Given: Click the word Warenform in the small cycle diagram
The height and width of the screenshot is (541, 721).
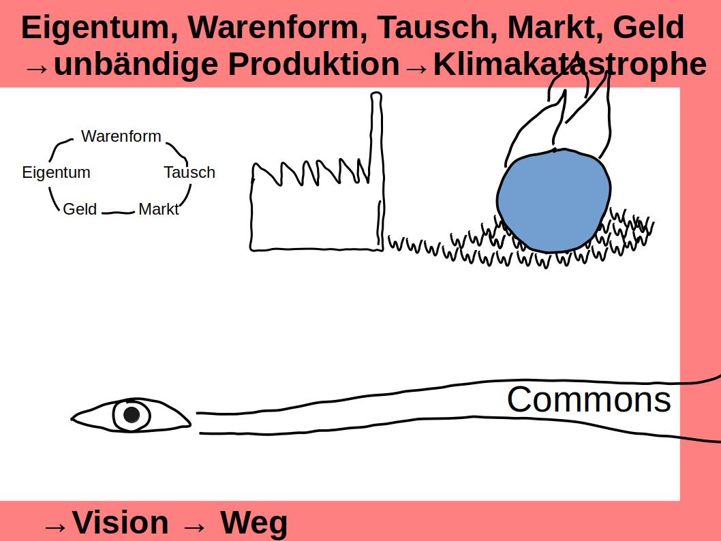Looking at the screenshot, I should [121, 136].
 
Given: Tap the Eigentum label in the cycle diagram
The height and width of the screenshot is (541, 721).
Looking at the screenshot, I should [56, 172].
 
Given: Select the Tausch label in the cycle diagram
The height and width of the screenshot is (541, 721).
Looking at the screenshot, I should [189, 172].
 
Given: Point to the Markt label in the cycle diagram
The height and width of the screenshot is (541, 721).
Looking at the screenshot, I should [158, 209].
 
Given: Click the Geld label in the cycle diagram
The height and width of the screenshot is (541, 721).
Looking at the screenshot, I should [80, 209].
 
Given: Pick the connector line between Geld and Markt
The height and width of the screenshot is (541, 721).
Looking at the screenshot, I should [119, 212].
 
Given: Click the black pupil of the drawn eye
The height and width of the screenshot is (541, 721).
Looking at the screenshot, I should [132, 414].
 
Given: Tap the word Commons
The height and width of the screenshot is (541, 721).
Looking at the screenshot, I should [589, 399].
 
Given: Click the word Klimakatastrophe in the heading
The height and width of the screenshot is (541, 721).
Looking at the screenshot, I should [570, 65].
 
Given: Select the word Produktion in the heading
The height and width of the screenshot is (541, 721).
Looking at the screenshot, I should [313, 65].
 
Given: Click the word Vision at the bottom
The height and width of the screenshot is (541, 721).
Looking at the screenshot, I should [121, 523].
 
